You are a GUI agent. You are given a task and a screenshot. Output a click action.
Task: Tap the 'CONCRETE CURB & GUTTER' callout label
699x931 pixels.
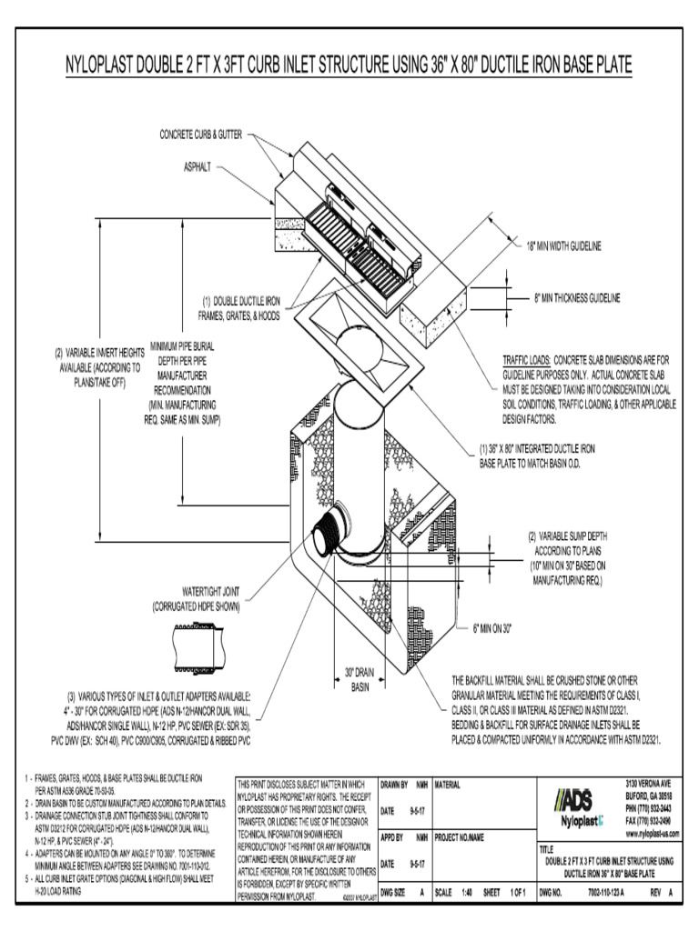click(x=201, y=135)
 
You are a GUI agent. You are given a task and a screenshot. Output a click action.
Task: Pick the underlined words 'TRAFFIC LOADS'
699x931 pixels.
click(x=525, y=360)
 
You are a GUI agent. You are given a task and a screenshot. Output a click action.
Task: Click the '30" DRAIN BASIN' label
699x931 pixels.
click(x=360, y=679)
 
